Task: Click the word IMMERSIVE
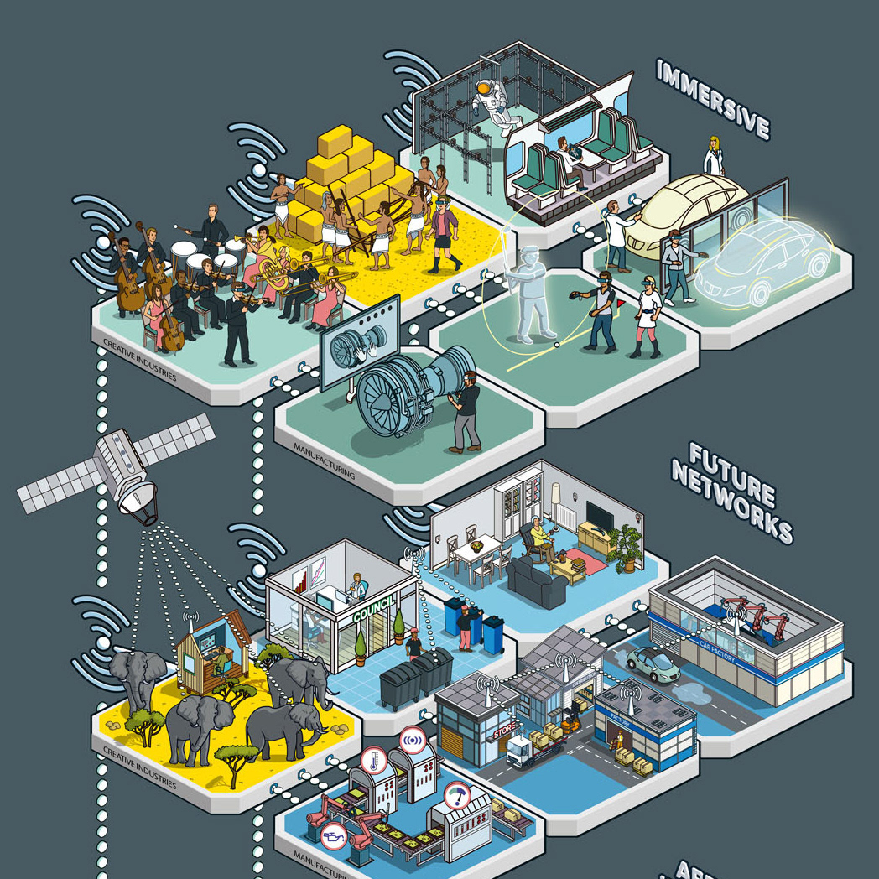click(713, 98)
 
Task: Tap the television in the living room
click(599, 514)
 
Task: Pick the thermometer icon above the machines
click(372, 762)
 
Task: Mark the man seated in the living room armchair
click(538, 542)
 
